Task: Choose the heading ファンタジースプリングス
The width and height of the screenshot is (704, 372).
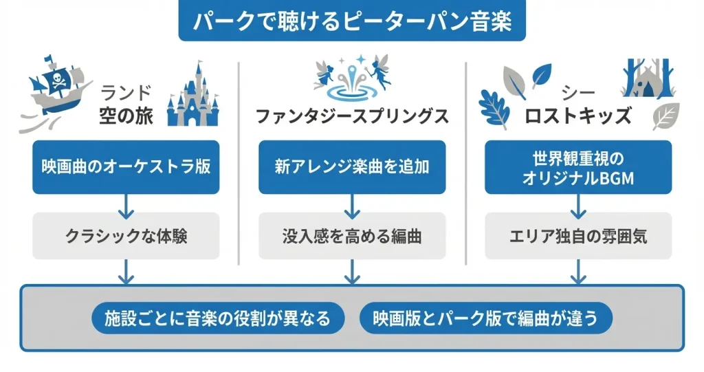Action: [352, 116]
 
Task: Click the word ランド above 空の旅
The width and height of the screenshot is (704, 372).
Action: [125, 92]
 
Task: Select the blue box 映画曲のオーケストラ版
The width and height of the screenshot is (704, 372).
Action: [126, 167]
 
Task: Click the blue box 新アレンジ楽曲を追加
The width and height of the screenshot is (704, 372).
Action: [352, 167]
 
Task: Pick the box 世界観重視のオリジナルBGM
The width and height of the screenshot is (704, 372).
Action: [578, 167]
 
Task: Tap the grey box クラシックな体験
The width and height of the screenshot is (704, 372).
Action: [126, 236]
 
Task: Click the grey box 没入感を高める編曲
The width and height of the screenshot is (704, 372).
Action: [352, 236]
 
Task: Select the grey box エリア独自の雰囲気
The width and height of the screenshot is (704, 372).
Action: [578, 236]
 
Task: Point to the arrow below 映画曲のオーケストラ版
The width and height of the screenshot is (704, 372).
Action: [126, 203]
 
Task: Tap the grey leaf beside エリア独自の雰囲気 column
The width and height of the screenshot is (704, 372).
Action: [665, 116]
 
